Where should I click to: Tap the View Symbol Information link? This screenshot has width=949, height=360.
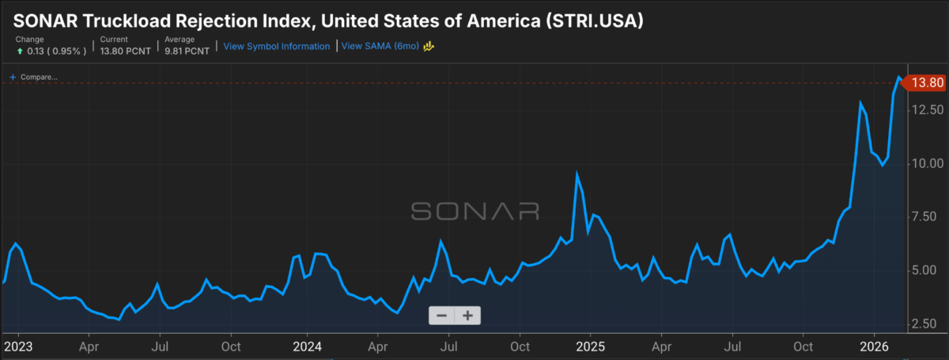[x=277, y=47]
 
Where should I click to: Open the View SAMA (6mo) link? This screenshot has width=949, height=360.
[x=382, y=47]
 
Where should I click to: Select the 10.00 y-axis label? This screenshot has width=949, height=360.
[x=926, y=163]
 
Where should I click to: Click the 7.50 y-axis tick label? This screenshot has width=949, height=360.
[x=926, y=217]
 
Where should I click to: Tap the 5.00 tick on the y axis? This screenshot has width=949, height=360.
[x=926, y=270]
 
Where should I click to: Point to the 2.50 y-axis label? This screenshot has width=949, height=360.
[x=926, y=324]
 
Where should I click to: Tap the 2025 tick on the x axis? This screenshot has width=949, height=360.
[x=590, y=347]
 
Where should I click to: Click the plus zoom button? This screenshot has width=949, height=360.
[x=467, y=316]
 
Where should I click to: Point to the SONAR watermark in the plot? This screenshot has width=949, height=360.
[x=475, y=210]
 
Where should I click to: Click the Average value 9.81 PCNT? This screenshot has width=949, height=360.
[x=186, y=51]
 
